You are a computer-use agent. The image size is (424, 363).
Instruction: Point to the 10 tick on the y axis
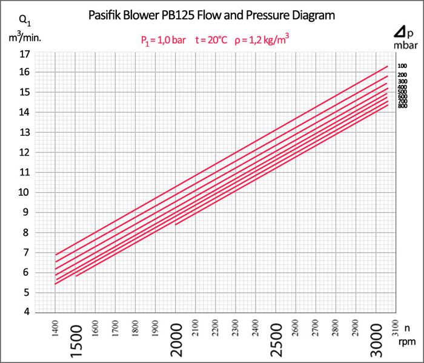[25, 193]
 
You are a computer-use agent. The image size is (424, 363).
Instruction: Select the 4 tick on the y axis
[27, 312]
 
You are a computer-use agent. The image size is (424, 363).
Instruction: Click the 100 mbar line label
[402, 66]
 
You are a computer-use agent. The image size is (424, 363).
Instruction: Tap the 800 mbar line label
[402, 106]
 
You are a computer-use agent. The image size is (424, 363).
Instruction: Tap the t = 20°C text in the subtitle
[211, 41]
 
